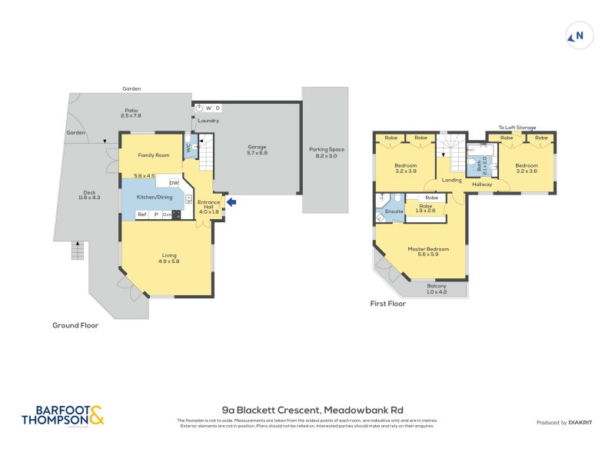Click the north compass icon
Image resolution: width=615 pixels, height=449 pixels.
coord(578,35)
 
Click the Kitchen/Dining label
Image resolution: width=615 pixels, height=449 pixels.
coord(154,198)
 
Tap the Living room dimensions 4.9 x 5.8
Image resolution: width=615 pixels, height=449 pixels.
coord(168,261)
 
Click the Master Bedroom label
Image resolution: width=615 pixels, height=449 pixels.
coord(428,249)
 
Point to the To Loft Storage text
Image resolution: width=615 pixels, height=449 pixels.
coord(517,128)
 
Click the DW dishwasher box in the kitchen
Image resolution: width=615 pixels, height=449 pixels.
coord(174,183)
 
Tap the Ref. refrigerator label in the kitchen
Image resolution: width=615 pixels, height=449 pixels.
coord(142,215)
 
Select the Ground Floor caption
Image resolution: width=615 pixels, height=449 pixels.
coord(75,325)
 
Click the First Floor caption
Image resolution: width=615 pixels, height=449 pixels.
coord(388,304)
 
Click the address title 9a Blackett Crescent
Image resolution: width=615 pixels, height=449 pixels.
coord(312,410)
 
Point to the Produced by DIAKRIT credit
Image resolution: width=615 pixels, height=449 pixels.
coord(567,423)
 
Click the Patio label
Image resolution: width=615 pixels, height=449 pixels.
coord(131,111)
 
